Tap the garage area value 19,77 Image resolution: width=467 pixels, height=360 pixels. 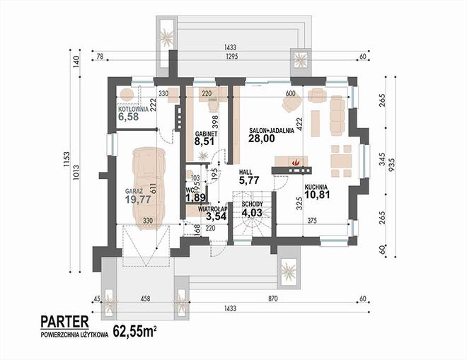tap(138, 199)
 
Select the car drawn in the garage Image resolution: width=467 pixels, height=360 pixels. tap(149, 190)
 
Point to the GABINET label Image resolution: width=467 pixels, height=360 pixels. tap(206, 134)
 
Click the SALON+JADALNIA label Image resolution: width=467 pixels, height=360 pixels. tap(272, 130)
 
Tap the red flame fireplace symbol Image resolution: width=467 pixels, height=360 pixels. tap(296, 162)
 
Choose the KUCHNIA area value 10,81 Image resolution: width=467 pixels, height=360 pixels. tap(317, 194)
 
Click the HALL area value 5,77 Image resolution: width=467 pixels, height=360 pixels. tap(249, 180)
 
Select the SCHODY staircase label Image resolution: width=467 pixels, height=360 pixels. tap(253, 204)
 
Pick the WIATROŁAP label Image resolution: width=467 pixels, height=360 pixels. tap(213, 209)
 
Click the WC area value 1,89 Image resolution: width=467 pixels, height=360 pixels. tap(195, 197)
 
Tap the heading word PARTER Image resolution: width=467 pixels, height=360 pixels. tap(64, 322)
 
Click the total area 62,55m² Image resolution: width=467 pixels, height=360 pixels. tap(135, 331)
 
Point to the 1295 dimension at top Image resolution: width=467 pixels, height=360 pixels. tap(231, 57)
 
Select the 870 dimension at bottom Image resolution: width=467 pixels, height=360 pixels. tap(272, 298)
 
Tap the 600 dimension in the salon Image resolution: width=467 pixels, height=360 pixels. tap(290, 94)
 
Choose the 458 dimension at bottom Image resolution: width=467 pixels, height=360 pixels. tap(145, 298)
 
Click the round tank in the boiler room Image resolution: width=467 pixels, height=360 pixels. tap(127, 95)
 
